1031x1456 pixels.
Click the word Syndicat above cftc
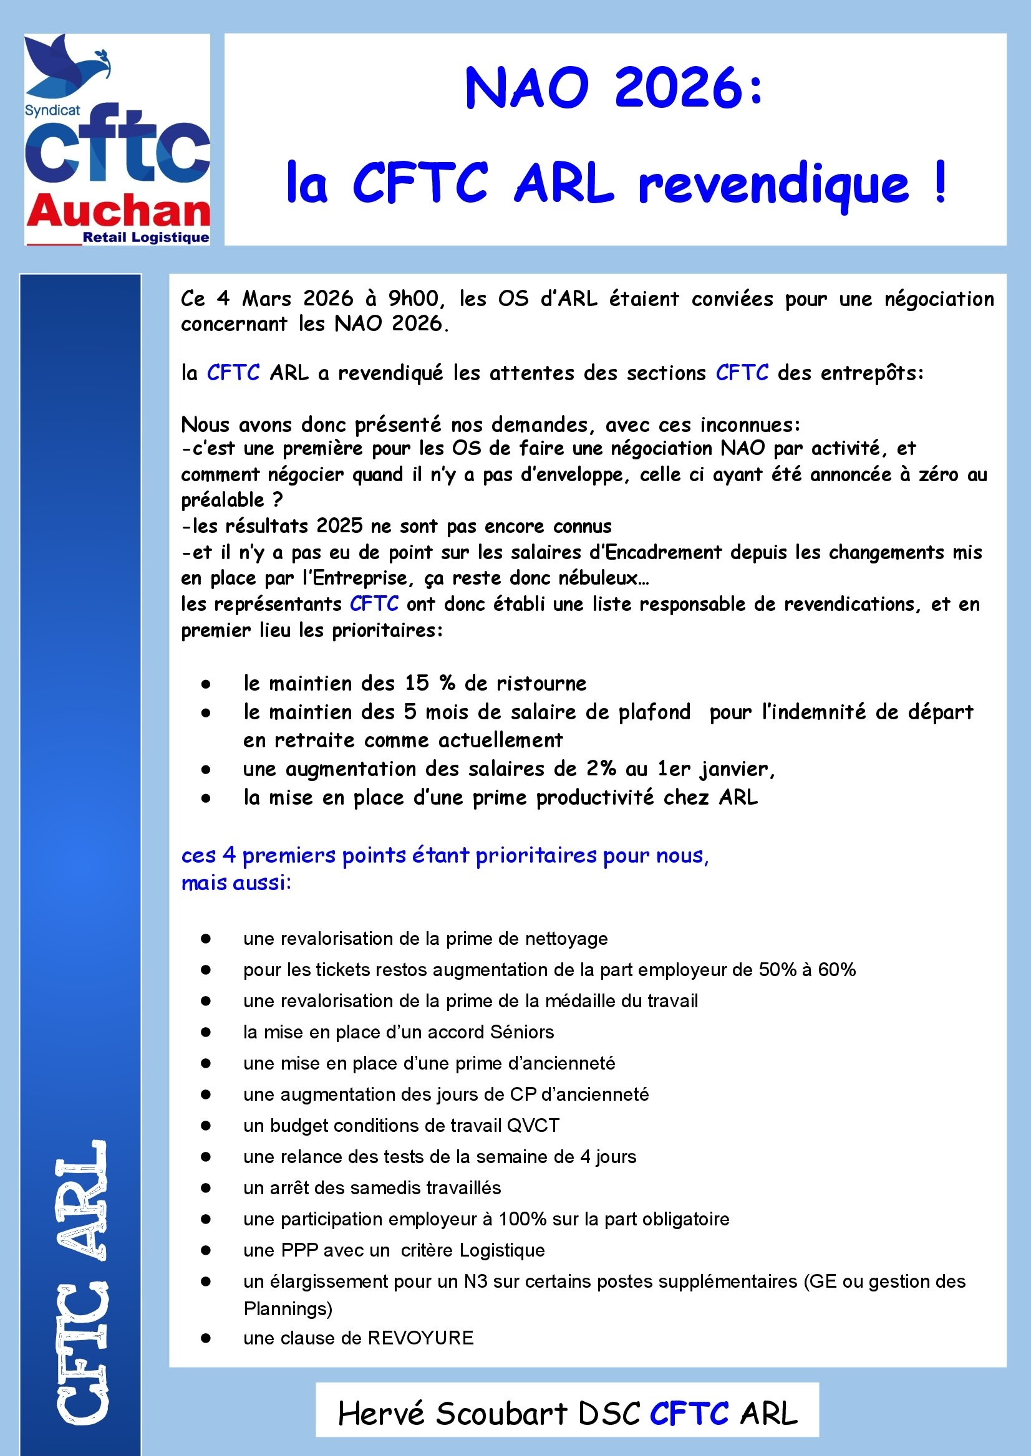click(52, 110)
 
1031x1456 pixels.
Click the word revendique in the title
click(773, 184)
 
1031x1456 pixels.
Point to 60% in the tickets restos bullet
click(837, 969)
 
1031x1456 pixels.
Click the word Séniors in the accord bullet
click(522, 1032)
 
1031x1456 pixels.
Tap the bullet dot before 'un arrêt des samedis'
click(205, 1187)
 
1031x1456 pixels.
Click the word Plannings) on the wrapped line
click(288, 1308)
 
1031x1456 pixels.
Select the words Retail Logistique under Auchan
click(146, 238)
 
